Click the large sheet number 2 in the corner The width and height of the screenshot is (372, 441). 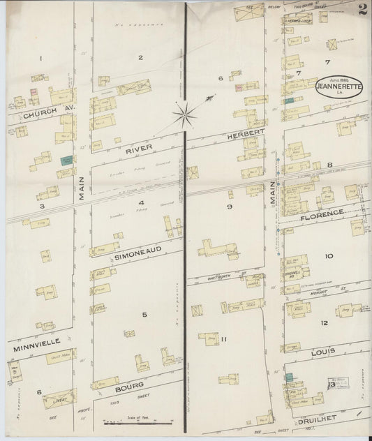(x=362, y=10)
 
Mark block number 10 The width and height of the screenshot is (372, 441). (x=328, y=256)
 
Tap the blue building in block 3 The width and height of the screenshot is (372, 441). (x=66, y=160)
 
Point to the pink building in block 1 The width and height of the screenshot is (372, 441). (x=33, y=91)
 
